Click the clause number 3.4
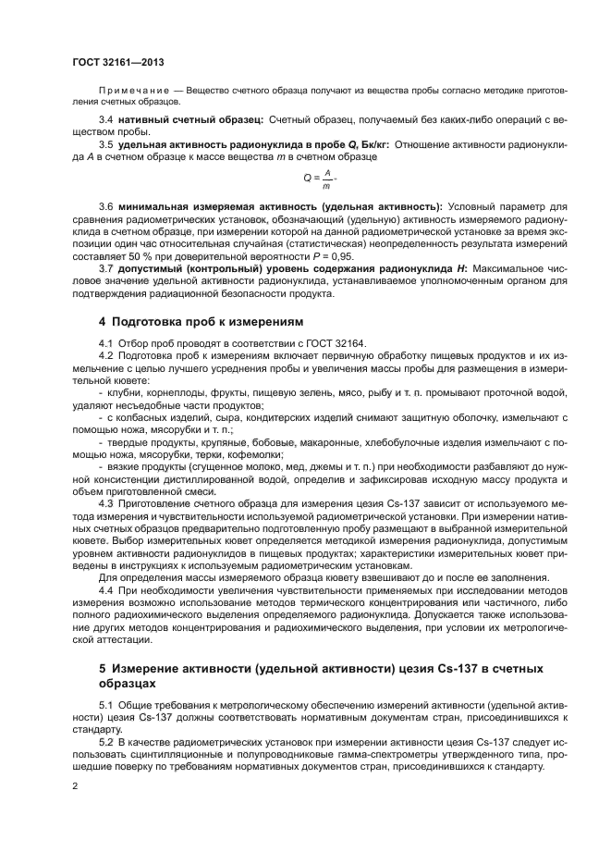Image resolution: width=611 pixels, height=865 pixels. pyautogui.click(x=105, y=119)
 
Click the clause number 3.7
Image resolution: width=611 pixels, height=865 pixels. pyautogui.click(x=105, y=268)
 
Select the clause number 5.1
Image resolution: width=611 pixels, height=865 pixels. pyautogui.click(x=105, y=705)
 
